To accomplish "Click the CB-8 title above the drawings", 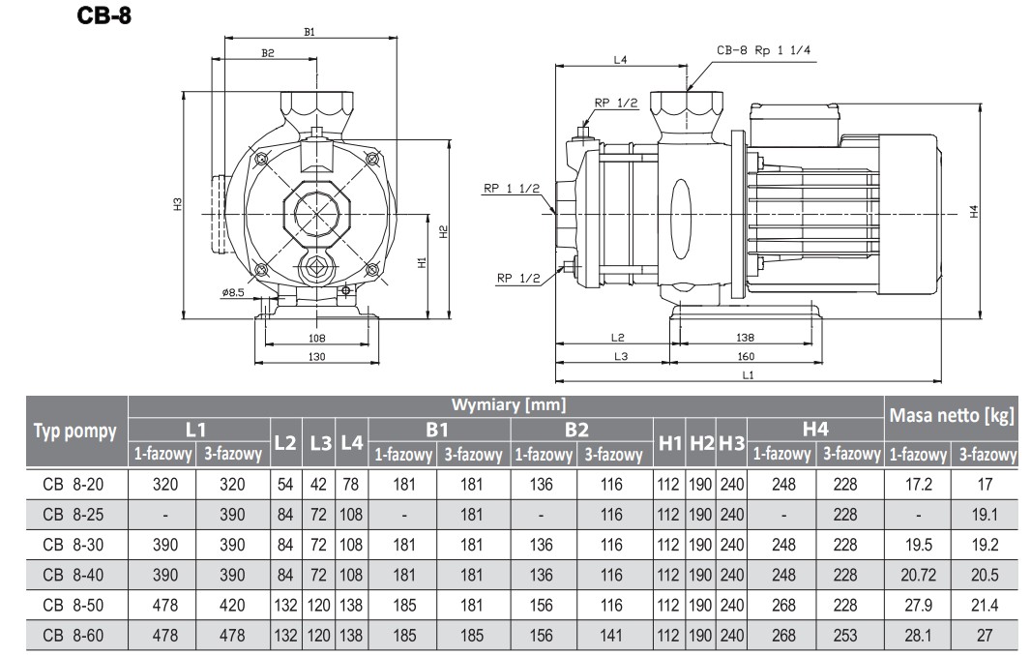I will pos(103,17).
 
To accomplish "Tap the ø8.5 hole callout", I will pos(233,292).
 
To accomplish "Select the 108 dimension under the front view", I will pos(315,338).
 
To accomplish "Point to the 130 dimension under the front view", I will pos(315,357).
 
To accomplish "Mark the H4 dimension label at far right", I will pos(975,210).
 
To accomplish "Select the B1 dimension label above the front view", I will pos(309,32).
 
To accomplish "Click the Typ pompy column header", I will pos(75,432).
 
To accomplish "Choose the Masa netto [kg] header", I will pos(952,416).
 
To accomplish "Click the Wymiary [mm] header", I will pos(508,404).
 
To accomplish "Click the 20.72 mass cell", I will pos(919,575).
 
